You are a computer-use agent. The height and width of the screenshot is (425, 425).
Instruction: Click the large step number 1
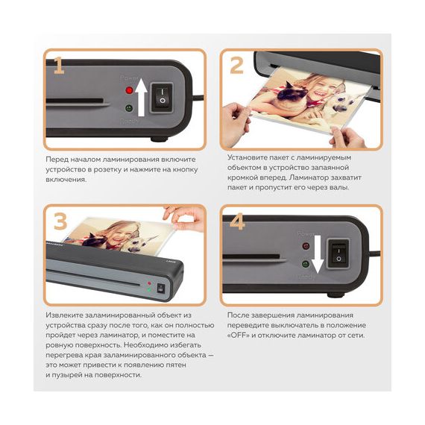point(59,66)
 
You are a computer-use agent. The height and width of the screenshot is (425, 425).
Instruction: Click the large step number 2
point(236,66)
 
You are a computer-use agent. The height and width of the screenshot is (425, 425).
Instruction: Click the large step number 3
point(60,221)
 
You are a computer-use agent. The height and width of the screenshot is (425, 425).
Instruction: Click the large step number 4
point(237,221)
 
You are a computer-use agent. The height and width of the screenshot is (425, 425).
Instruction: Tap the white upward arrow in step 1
point(141,97)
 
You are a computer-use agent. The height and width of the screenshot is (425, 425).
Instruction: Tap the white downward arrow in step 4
point(318,254)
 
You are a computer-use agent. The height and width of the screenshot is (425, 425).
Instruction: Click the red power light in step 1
point(129,90)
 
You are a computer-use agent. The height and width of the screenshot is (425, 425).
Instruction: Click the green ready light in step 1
point(129,108)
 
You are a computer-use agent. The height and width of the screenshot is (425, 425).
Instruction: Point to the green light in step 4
point(306,264)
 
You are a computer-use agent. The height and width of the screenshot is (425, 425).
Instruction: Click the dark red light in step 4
point(306,246)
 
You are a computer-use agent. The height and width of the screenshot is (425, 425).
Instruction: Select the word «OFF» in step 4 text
point(239,336)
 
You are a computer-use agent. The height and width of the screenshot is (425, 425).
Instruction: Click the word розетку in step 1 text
point(107,170)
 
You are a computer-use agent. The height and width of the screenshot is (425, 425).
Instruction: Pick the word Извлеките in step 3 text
point(64,315)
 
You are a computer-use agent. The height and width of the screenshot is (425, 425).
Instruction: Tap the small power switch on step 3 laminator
point(161,288)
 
